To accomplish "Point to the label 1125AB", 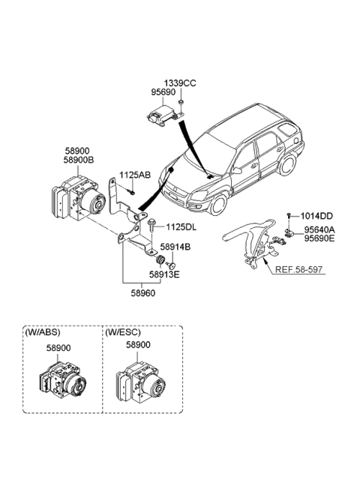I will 135,175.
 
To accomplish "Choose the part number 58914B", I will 175,246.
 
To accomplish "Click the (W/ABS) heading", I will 43,332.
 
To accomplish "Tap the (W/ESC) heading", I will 123,332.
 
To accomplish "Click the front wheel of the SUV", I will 217,203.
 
